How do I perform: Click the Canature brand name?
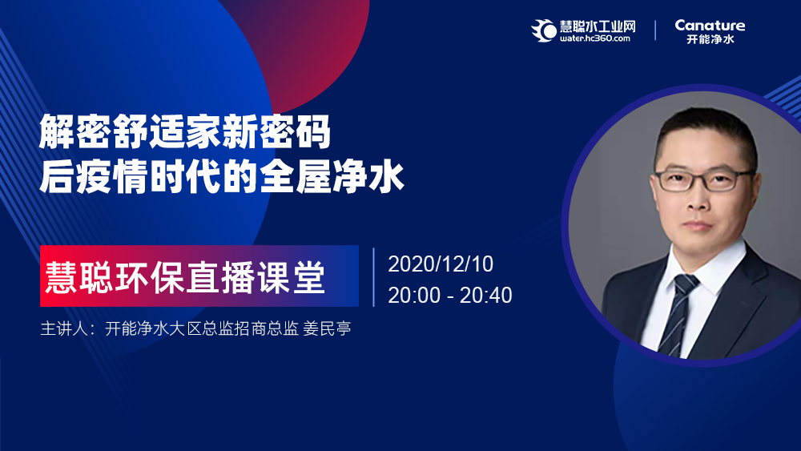(x=710, y=25)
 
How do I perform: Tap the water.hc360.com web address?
(x=594, y=38)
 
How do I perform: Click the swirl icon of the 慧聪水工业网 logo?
(x=544, y=30)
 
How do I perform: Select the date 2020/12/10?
(x=441, y=264)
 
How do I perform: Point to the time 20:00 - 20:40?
(x=450, y=296)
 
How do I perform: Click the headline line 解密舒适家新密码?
(x=185, y=132)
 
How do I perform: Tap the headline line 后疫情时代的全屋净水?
(x=222, y=176)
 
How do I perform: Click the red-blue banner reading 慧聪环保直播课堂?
(x=199, y=276)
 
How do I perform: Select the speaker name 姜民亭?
(x=327, y=328)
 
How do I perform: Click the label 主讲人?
(x=64, y=328)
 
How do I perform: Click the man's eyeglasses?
(x=703, y=179)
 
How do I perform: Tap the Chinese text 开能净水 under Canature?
(x=710, y=39)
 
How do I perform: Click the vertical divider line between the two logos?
(x=655, y=30)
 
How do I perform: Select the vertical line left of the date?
(x=373, y=277)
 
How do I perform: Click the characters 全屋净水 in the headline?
(x=332, y=176)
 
